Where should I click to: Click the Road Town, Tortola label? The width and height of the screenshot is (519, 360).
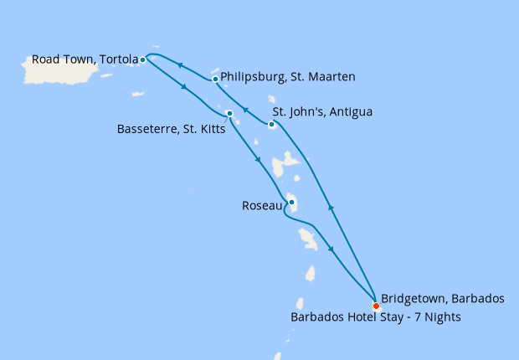coord(84,59)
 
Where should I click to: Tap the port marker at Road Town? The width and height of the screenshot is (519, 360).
coord(143,59)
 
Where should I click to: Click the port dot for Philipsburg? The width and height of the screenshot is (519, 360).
coord(216,80)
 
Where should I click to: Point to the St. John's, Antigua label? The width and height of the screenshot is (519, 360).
coord(322,111)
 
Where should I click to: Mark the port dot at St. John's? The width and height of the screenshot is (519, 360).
coord(271,125)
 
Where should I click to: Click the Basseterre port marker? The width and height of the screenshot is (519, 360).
coord(229,113)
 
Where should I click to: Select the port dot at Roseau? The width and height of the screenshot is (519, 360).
coord(290,202)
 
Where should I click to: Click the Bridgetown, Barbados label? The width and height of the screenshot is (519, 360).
coord(442,299)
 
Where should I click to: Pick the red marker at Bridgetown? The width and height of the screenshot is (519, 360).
coord(375,306)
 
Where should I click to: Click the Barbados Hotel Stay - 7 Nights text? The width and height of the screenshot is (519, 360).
coord(375,317)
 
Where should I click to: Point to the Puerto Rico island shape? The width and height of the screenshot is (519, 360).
coord(70,70)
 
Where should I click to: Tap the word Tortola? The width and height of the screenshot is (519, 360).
coord(118,59)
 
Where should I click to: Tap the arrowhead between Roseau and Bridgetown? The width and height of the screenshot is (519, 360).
coord(333,249)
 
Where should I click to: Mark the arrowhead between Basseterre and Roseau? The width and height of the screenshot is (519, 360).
coord(258,160)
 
